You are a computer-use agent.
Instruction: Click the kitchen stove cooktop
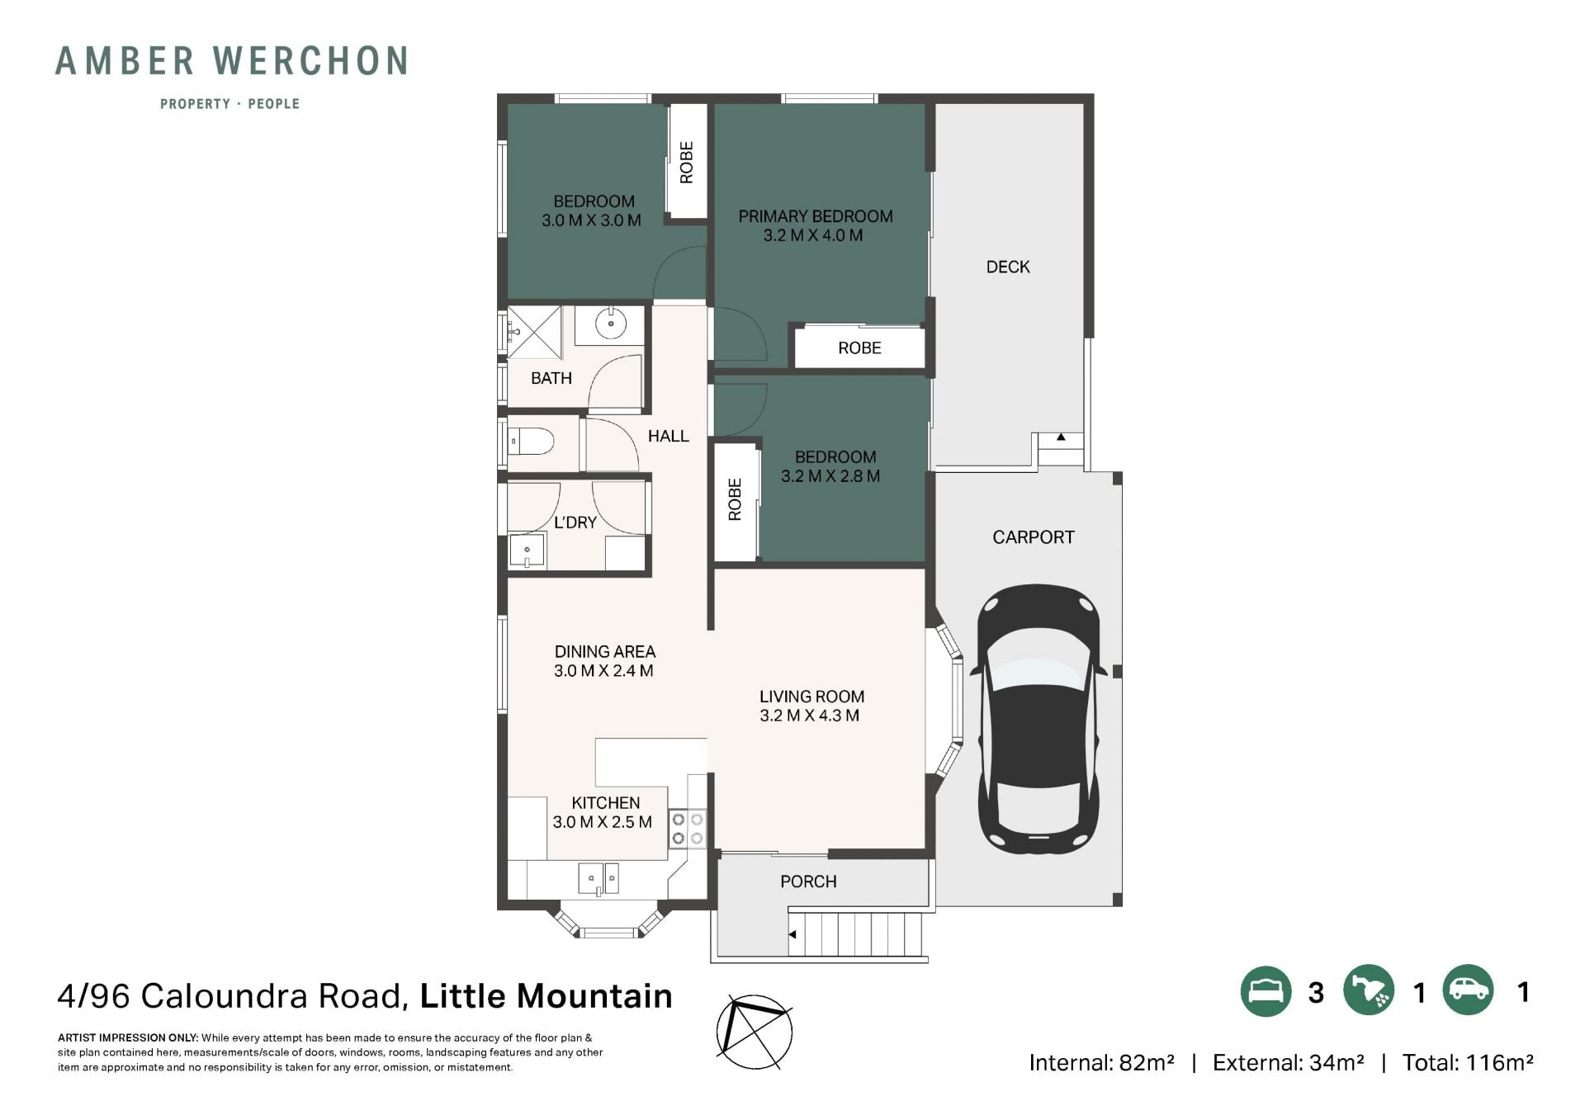click(687, 829)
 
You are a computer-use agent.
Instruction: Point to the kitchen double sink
click(599, 878)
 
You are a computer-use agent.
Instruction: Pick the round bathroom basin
click(610, 324)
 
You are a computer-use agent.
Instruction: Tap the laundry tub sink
click(527, 551)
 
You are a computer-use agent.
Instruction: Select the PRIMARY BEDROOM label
click(816, 216)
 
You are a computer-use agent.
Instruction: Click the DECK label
click(1008, 267)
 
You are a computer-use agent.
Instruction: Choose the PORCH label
click(808, 881)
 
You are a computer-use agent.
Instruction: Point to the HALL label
click(668, 436)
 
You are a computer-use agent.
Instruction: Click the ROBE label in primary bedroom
click(859, 348)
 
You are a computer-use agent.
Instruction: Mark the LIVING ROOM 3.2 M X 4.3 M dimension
click(810, 716)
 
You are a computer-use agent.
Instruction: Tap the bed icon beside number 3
click(1266, 990)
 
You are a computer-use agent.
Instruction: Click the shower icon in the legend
click(1368, 990)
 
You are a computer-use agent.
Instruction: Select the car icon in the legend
click(1469, 990)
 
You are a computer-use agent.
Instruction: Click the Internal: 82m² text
click(1101, 1062)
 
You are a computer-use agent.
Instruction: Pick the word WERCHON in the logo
click(310, 61)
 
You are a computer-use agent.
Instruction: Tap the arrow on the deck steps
click(1061, 437)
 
